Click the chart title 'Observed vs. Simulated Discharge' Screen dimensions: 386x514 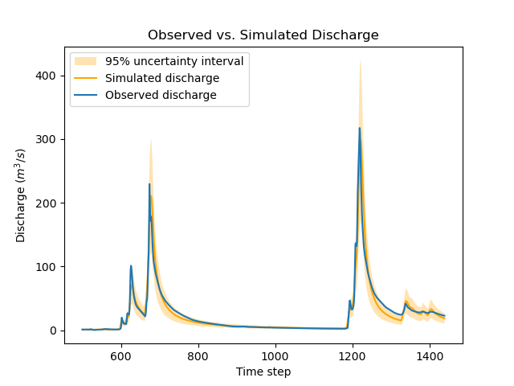click(263, 35)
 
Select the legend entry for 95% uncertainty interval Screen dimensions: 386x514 click(174, 61)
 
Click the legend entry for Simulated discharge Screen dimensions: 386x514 click(162, 78)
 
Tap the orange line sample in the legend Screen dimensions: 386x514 click(86, 78)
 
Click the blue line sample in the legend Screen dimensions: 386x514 click(86, 95)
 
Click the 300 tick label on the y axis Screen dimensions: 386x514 click(49, 139)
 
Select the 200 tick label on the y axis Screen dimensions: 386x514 click(49, 203)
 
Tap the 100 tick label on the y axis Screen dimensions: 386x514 click(49, 267)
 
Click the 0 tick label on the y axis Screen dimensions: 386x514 click(55, 331)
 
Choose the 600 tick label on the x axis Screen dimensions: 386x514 click(121, 355)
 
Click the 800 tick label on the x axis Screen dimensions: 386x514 click(198, 355)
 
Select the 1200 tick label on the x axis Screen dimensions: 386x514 click(353, 355)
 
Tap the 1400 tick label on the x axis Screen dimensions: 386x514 click(430, 355)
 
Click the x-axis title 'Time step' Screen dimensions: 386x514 click(263, 372)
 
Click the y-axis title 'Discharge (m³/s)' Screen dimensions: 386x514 click(22, 196)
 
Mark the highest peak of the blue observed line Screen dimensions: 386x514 click(359, 128)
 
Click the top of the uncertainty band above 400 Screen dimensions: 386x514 click(360, 61)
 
